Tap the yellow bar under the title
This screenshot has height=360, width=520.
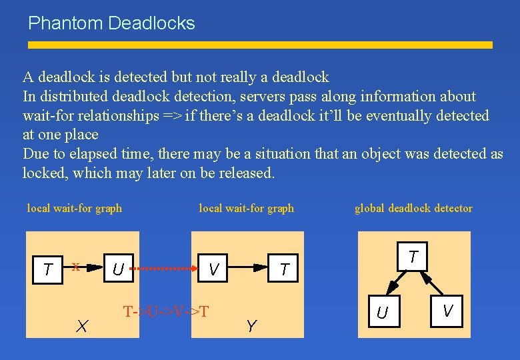tap(260, 45)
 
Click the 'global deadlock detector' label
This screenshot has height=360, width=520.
tap(413, 208)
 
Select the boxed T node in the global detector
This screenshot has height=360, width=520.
tap(413, 257)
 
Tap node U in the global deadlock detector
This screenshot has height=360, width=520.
tap(382, 311)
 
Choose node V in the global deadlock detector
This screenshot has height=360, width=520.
tap(447, 311)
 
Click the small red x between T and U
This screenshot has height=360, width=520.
tap(76, 267)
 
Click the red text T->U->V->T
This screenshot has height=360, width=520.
tap(166, 311)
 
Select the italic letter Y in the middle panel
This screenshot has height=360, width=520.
tap(251, 326)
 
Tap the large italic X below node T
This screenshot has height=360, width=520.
tap(82, 326)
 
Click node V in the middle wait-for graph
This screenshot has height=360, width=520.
tap(214, 269)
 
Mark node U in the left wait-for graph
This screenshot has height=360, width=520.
tap(117, 269)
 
